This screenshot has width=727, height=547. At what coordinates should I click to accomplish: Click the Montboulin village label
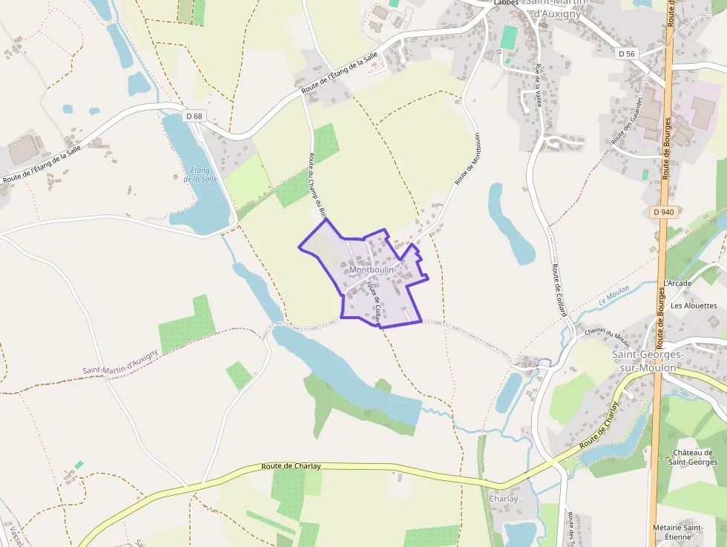point(371,269)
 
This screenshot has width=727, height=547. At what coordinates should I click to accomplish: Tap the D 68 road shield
point(194,116)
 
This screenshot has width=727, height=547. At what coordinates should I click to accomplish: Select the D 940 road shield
point(665,212)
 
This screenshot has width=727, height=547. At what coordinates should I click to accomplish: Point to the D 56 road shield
point(627,53)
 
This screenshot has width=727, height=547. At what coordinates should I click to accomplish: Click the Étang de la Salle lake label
point(200,174)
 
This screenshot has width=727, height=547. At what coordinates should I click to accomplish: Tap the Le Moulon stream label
point(613,295)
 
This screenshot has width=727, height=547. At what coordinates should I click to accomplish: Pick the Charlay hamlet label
point(504,499)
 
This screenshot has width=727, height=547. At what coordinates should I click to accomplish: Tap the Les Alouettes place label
point(694,306)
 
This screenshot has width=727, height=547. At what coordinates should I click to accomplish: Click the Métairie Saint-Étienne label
point(677,532)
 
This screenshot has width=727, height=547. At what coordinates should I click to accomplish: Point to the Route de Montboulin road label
point(467,158)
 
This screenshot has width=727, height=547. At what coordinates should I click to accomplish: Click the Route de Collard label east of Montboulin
point(558,289)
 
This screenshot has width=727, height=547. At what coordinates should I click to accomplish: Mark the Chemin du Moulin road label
point(607,337)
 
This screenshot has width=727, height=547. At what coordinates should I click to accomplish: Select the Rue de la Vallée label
point(539,86)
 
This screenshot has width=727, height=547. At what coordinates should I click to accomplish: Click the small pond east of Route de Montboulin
point(510,223)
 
